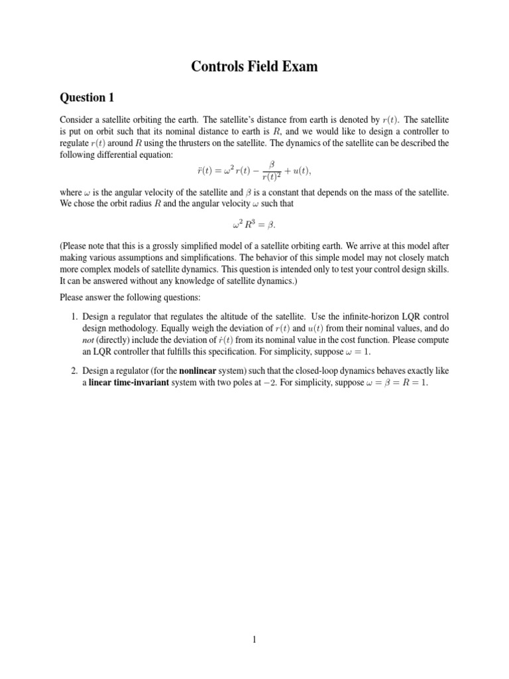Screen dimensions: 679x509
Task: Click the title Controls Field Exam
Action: tap(254, 66)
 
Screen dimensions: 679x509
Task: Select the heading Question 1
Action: tap(87, 98)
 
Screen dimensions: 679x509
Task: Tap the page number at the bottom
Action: tap(254, 639)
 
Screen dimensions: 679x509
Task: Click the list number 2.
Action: tap(75, 371)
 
